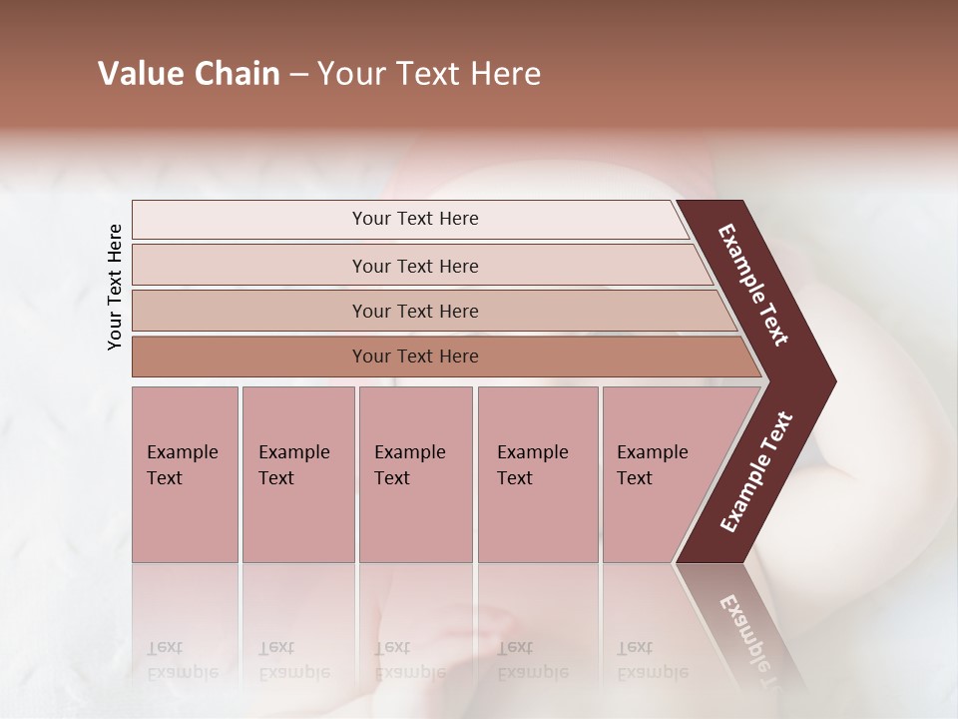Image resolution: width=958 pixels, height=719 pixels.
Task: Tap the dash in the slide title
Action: pos(298,75)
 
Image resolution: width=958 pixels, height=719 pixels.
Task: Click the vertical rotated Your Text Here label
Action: pos(115,287)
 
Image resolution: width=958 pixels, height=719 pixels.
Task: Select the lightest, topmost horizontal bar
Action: pos(414,219)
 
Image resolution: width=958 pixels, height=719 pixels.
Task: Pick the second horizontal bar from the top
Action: pos(414,266)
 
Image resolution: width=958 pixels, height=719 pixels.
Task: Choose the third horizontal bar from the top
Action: pos(414,311)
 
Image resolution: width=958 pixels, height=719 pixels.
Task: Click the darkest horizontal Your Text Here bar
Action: pos(414,357)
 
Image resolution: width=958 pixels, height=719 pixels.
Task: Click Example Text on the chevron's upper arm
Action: pos(753,285)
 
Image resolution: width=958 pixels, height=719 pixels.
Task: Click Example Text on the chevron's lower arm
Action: pos(756,472)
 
